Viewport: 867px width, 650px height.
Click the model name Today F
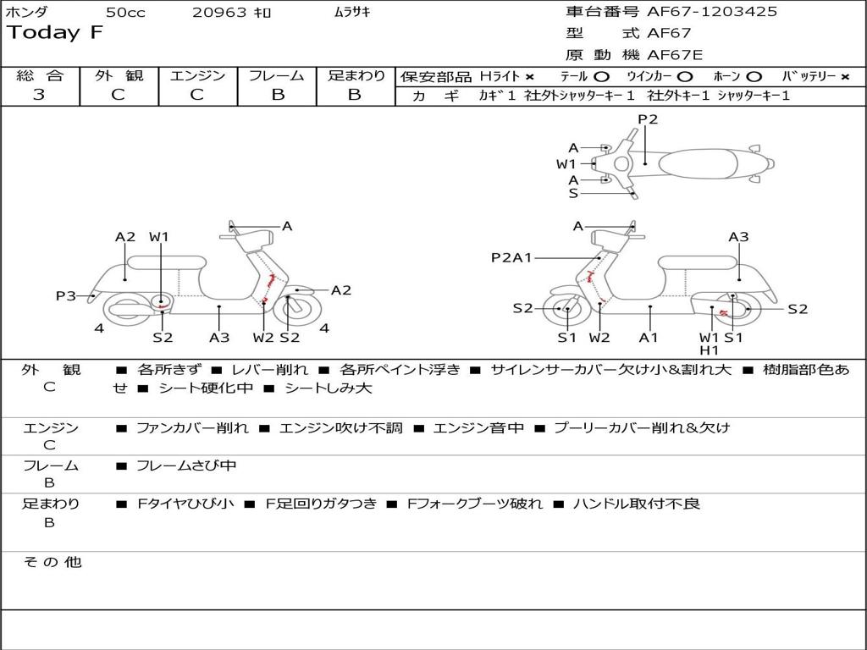coord(55,33)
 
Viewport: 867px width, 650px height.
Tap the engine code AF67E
coord(675,55)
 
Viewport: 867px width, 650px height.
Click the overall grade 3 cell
coord(39,95)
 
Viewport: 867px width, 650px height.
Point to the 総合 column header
coord(39,75)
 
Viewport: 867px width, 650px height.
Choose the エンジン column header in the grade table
coord(197,75)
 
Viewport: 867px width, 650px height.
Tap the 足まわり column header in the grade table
coord(356,75)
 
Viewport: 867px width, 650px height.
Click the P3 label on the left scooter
coord(65,295)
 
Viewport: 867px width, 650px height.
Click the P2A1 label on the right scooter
coord(511,257)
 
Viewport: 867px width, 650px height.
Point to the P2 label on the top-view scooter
coord(648,119)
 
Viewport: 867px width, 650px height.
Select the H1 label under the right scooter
coord(709,350)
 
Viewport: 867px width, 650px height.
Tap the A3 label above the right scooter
coord(738,237)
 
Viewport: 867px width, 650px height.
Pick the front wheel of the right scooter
coord(566,310)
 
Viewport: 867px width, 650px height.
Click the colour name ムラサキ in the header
coord(347,12)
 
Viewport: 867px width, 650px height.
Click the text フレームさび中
coord(186,465)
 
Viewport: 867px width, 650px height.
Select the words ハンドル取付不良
coord(636,504)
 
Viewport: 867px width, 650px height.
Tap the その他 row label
coord(52,561)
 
